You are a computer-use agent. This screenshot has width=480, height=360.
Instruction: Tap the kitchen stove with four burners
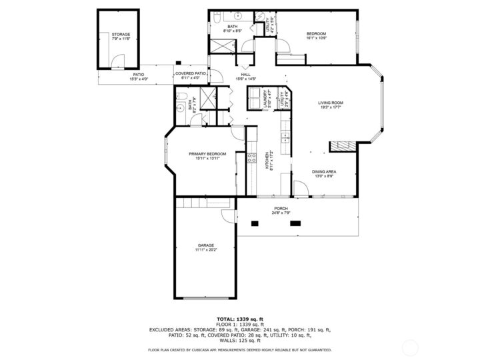tap(252, 158)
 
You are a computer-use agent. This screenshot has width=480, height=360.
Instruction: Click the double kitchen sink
tap(285, 138)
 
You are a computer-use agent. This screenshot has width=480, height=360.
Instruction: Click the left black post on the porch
tap(254, 224)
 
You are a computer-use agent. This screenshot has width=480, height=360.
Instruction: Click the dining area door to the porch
tap(300, 191)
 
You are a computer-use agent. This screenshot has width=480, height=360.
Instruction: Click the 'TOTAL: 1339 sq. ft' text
tap(239, 319)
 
